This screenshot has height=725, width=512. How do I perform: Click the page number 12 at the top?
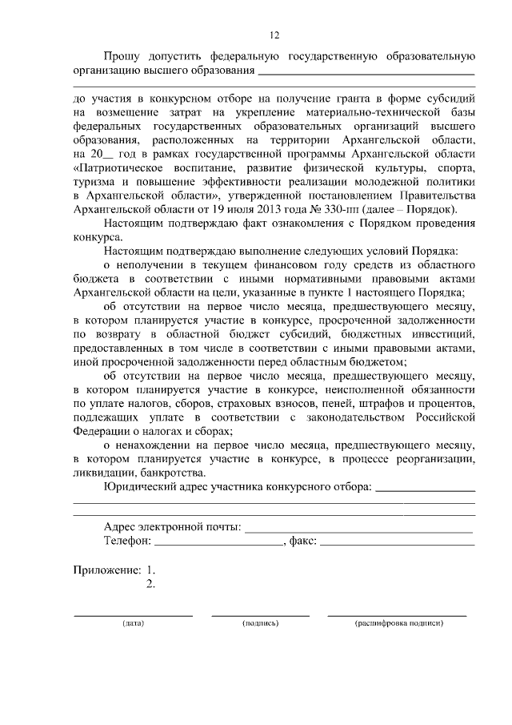coord(274,35)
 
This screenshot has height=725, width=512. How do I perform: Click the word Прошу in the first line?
coord(122,57)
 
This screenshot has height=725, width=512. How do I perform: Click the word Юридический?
coord(138,486)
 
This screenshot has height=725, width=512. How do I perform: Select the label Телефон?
coord(127,542)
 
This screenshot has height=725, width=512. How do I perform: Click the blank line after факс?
coord(396,543)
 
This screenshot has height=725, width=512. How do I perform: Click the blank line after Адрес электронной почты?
coord(358,530)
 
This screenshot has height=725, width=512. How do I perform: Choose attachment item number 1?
coord(150,570)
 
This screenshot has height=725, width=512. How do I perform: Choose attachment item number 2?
coord(150,583)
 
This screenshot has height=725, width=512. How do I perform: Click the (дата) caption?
coord(133,622)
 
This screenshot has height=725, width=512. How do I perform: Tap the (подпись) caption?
coord(260,622)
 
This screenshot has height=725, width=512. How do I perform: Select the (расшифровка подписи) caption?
coord(398,622)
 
